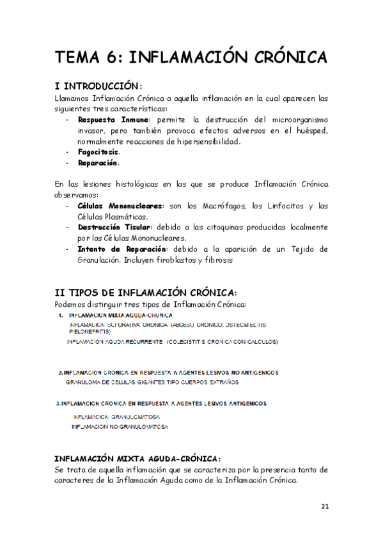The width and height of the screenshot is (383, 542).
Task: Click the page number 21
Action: [325, 507]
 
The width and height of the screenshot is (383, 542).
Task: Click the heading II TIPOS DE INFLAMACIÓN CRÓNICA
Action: [146, 292]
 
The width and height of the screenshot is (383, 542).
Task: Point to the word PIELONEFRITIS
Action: [90, 332]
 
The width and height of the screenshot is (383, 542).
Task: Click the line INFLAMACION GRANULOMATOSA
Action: [116, 417]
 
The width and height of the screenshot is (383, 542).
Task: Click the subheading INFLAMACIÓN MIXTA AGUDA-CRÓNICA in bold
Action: [137, 459]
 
